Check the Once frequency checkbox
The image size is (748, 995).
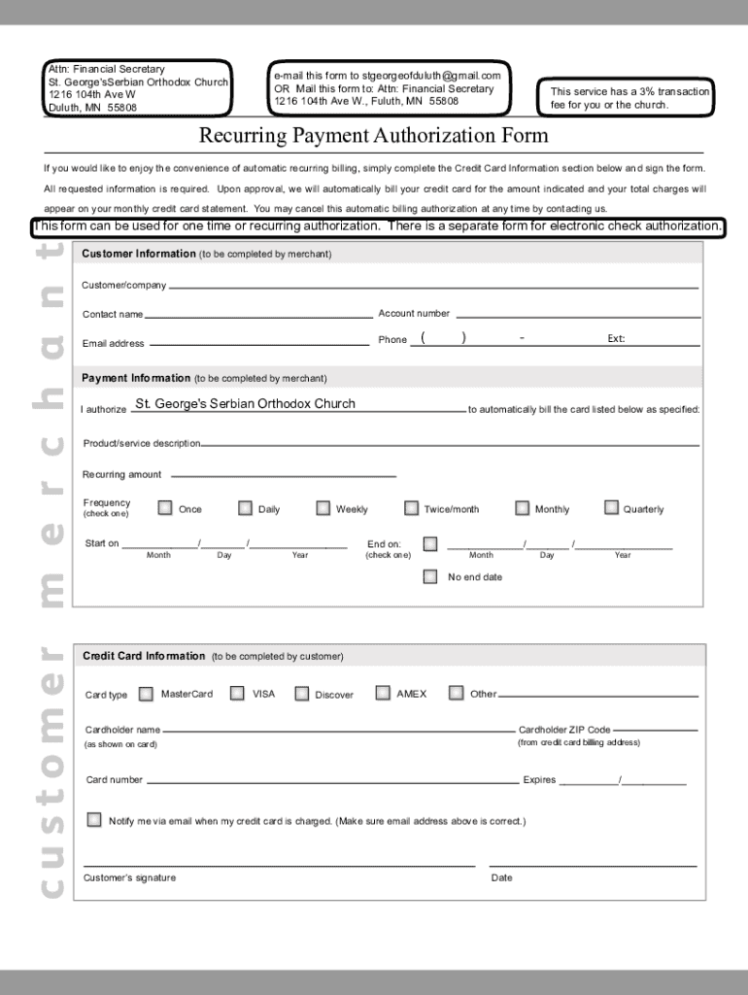(166, 508)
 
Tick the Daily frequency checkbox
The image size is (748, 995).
(246, 508)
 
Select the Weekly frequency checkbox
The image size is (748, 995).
(323, 508)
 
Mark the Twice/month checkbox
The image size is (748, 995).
(412, 508)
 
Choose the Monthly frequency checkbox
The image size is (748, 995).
(523, 508)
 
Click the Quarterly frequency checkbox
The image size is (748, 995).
(611, 507)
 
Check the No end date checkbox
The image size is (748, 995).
(430, 576)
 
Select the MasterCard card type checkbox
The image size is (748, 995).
(146, 694)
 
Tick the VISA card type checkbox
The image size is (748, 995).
(237, 693)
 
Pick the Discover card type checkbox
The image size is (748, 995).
(302, 694)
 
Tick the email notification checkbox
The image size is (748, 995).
(94, 820)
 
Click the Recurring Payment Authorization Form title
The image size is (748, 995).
(373, 135)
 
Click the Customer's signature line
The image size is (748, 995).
(279, 863)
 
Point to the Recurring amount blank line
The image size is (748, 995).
(282, 476)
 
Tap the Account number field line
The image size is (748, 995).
(578, 317)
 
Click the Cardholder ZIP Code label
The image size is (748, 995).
(564, 730)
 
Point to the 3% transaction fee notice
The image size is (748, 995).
(629, 98)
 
